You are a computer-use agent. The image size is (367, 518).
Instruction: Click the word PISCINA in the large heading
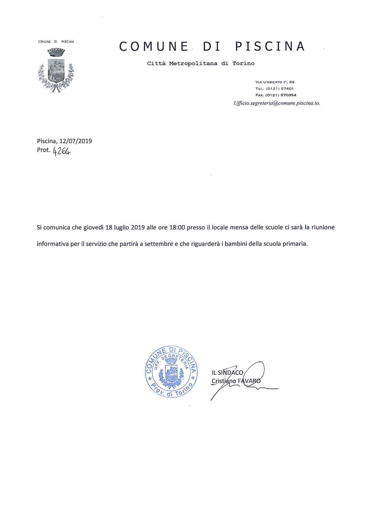tap(270, 47)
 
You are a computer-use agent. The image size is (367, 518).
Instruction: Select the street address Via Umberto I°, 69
tap(275, 82)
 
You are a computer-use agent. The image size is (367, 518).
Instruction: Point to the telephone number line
tap(274, 89)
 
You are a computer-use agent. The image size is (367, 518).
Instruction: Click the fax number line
tap(276, 95)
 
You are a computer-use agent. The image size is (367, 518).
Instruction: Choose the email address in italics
tap(277, 103)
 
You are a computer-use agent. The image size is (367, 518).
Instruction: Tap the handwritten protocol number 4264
tap(62, 151)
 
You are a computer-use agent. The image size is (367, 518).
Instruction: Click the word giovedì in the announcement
tap(93, 228)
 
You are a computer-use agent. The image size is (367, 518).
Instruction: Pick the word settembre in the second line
tap(159, 244)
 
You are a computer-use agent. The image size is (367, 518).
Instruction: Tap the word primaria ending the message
tap(295, 244)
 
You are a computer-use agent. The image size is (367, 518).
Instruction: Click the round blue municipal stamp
tap(171, 371)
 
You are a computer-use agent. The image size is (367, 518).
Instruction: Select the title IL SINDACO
tap(227, 373)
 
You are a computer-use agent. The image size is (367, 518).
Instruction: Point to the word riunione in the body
tap(323, 228)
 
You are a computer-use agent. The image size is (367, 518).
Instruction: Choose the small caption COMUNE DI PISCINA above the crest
tap(56, 42)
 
